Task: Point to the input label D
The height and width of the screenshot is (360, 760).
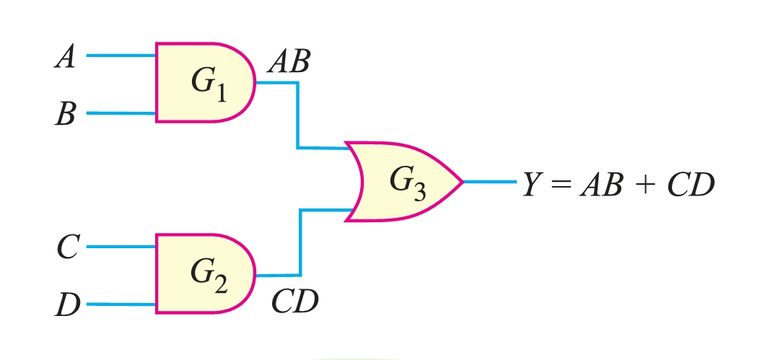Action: [66, 306]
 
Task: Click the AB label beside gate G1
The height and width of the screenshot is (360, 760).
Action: [288, 63]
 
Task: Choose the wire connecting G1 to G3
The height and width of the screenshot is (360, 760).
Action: [297, 115]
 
